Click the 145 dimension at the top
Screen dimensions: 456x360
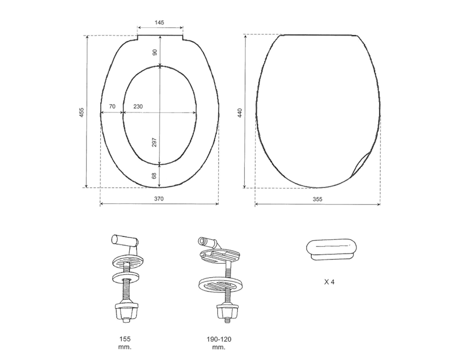click(x=160, y=22)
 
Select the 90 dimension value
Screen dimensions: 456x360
click(x=155, y=52)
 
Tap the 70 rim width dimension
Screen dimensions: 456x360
click(x=112, y=106)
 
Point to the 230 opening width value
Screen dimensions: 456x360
click(x=138, y=106)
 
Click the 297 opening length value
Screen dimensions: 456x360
click(x=155, y=142)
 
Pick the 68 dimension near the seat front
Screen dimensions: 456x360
click(x=155, y=176)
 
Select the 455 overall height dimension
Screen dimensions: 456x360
click(x=82, y=113)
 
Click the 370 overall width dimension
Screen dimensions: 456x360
click(x=159, y=199)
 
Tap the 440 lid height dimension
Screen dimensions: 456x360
click(x=240, y=113)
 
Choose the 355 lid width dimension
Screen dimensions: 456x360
click(x=318, y=199)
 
